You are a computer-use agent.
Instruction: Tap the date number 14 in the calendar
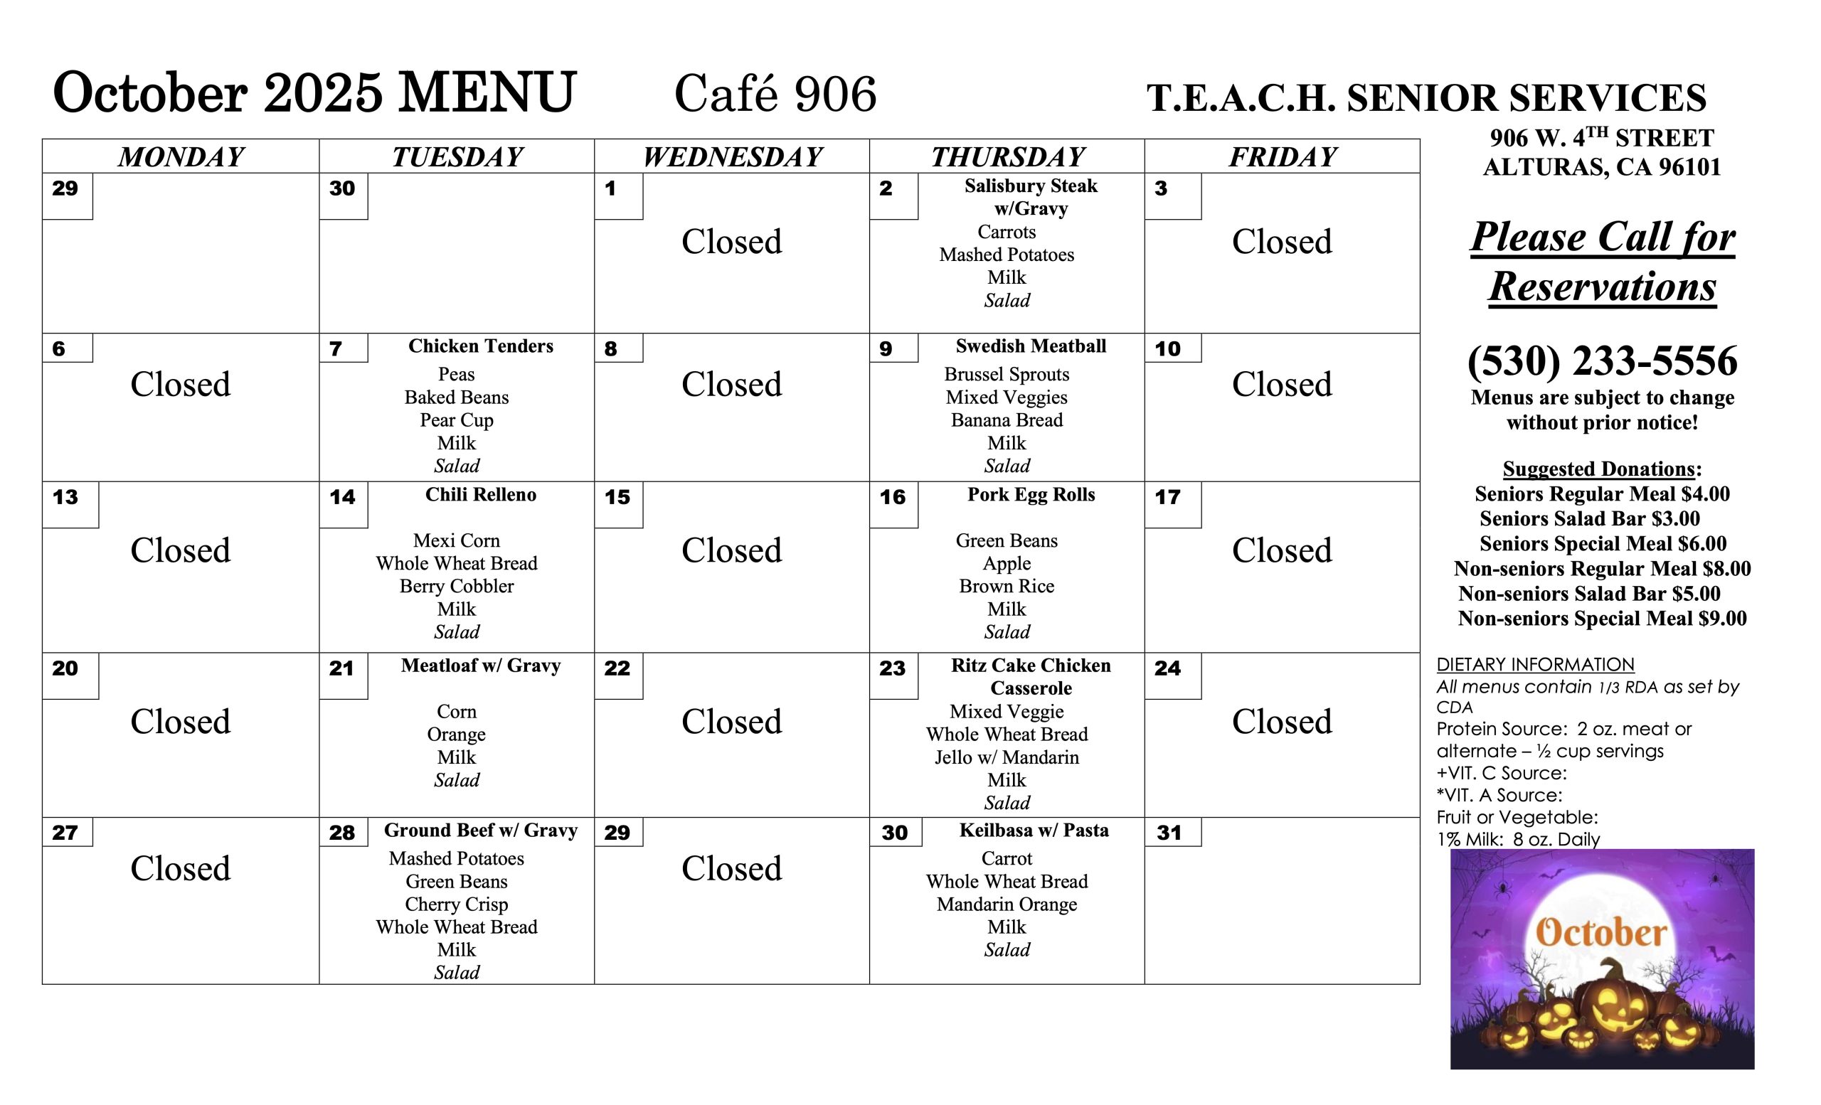pos(342,497)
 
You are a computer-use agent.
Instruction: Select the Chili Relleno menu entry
pos(480,495)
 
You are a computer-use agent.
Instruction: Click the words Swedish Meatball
pos(1030,346)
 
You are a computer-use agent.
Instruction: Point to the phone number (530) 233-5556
pos(1601,361)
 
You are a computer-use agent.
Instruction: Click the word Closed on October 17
pos(1282,550)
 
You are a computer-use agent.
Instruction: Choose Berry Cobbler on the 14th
pos(456,587)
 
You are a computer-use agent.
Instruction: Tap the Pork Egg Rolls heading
pos(1030,495)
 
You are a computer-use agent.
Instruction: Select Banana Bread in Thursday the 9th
pos(1007,420)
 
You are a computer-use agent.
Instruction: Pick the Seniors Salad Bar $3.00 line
pos(1589,518)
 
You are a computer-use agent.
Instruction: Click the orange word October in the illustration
pos(1600,932)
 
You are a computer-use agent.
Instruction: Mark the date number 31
pos(1169,833)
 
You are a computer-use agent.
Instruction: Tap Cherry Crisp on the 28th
pos(456,904)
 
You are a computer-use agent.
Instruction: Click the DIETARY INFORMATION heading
pos(1535,665)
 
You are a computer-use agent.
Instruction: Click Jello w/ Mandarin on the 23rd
pos(1007,758)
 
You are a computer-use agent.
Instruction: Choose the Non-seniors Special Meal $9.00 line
pos(1601,619)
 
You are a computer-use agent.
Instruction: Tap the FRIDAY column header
pos(1283,156)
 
